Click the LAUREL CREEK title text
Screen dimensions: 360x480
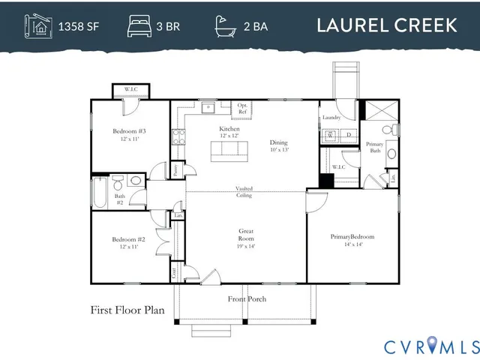pos(386,25)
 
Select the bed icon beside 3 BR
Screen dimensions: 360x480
pos(140,25)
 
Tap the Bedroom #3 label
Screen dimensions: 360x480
pos(129,135)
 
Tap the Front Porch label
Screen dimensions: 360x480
pos(247,299)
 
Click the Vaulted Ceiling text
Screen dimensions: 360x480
pos(244,192)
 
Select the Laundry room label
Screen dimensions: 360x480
pos(331,118)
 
